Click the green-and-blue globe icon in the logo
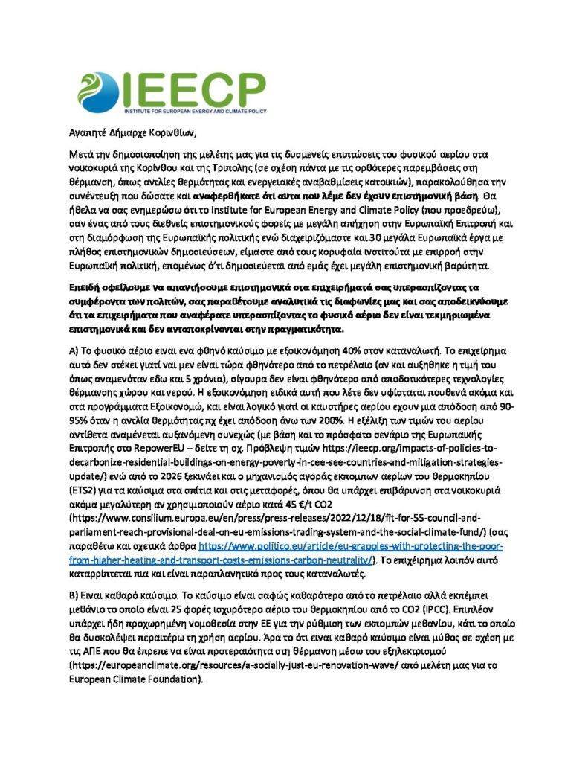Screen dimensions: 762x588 96,89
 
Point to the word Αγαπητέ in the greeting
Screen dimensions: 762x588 82,134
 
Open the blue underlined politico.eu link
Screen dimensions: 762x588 349,545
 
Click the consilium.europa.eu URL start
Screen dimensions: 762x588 149,512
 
